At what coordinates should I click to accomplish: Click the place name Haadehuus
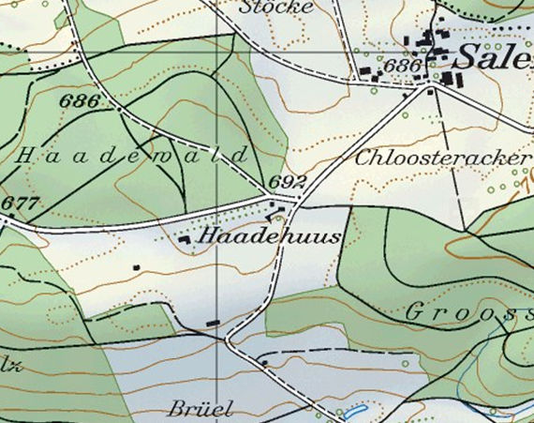pyautogui.click(x=268, y=235)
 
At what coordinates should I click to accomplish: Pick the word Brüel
pyautogui.click(x=200, y=410)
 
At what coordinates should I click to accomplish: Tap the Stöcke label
pyautogui.click(x=276, y=7)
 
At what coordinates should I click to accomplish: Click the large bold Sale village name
pyautogui.click(x=493, y=57)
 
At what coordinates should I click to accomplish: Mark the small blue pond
pyautogui.click(x=353, y=411)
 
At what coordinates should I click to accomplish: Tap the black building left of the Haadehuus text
pyautogui.click(x=185, y=240)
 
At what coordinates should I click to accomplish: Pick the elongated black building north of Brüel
pyautogui.click(x=213, y=324)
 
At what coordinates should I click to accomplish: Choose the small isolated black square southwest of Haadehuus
pyautogui.click(x=137, y=267)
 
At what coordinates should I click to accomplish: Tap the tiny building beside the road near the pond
pyautogui.click(x=265, y=361)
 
